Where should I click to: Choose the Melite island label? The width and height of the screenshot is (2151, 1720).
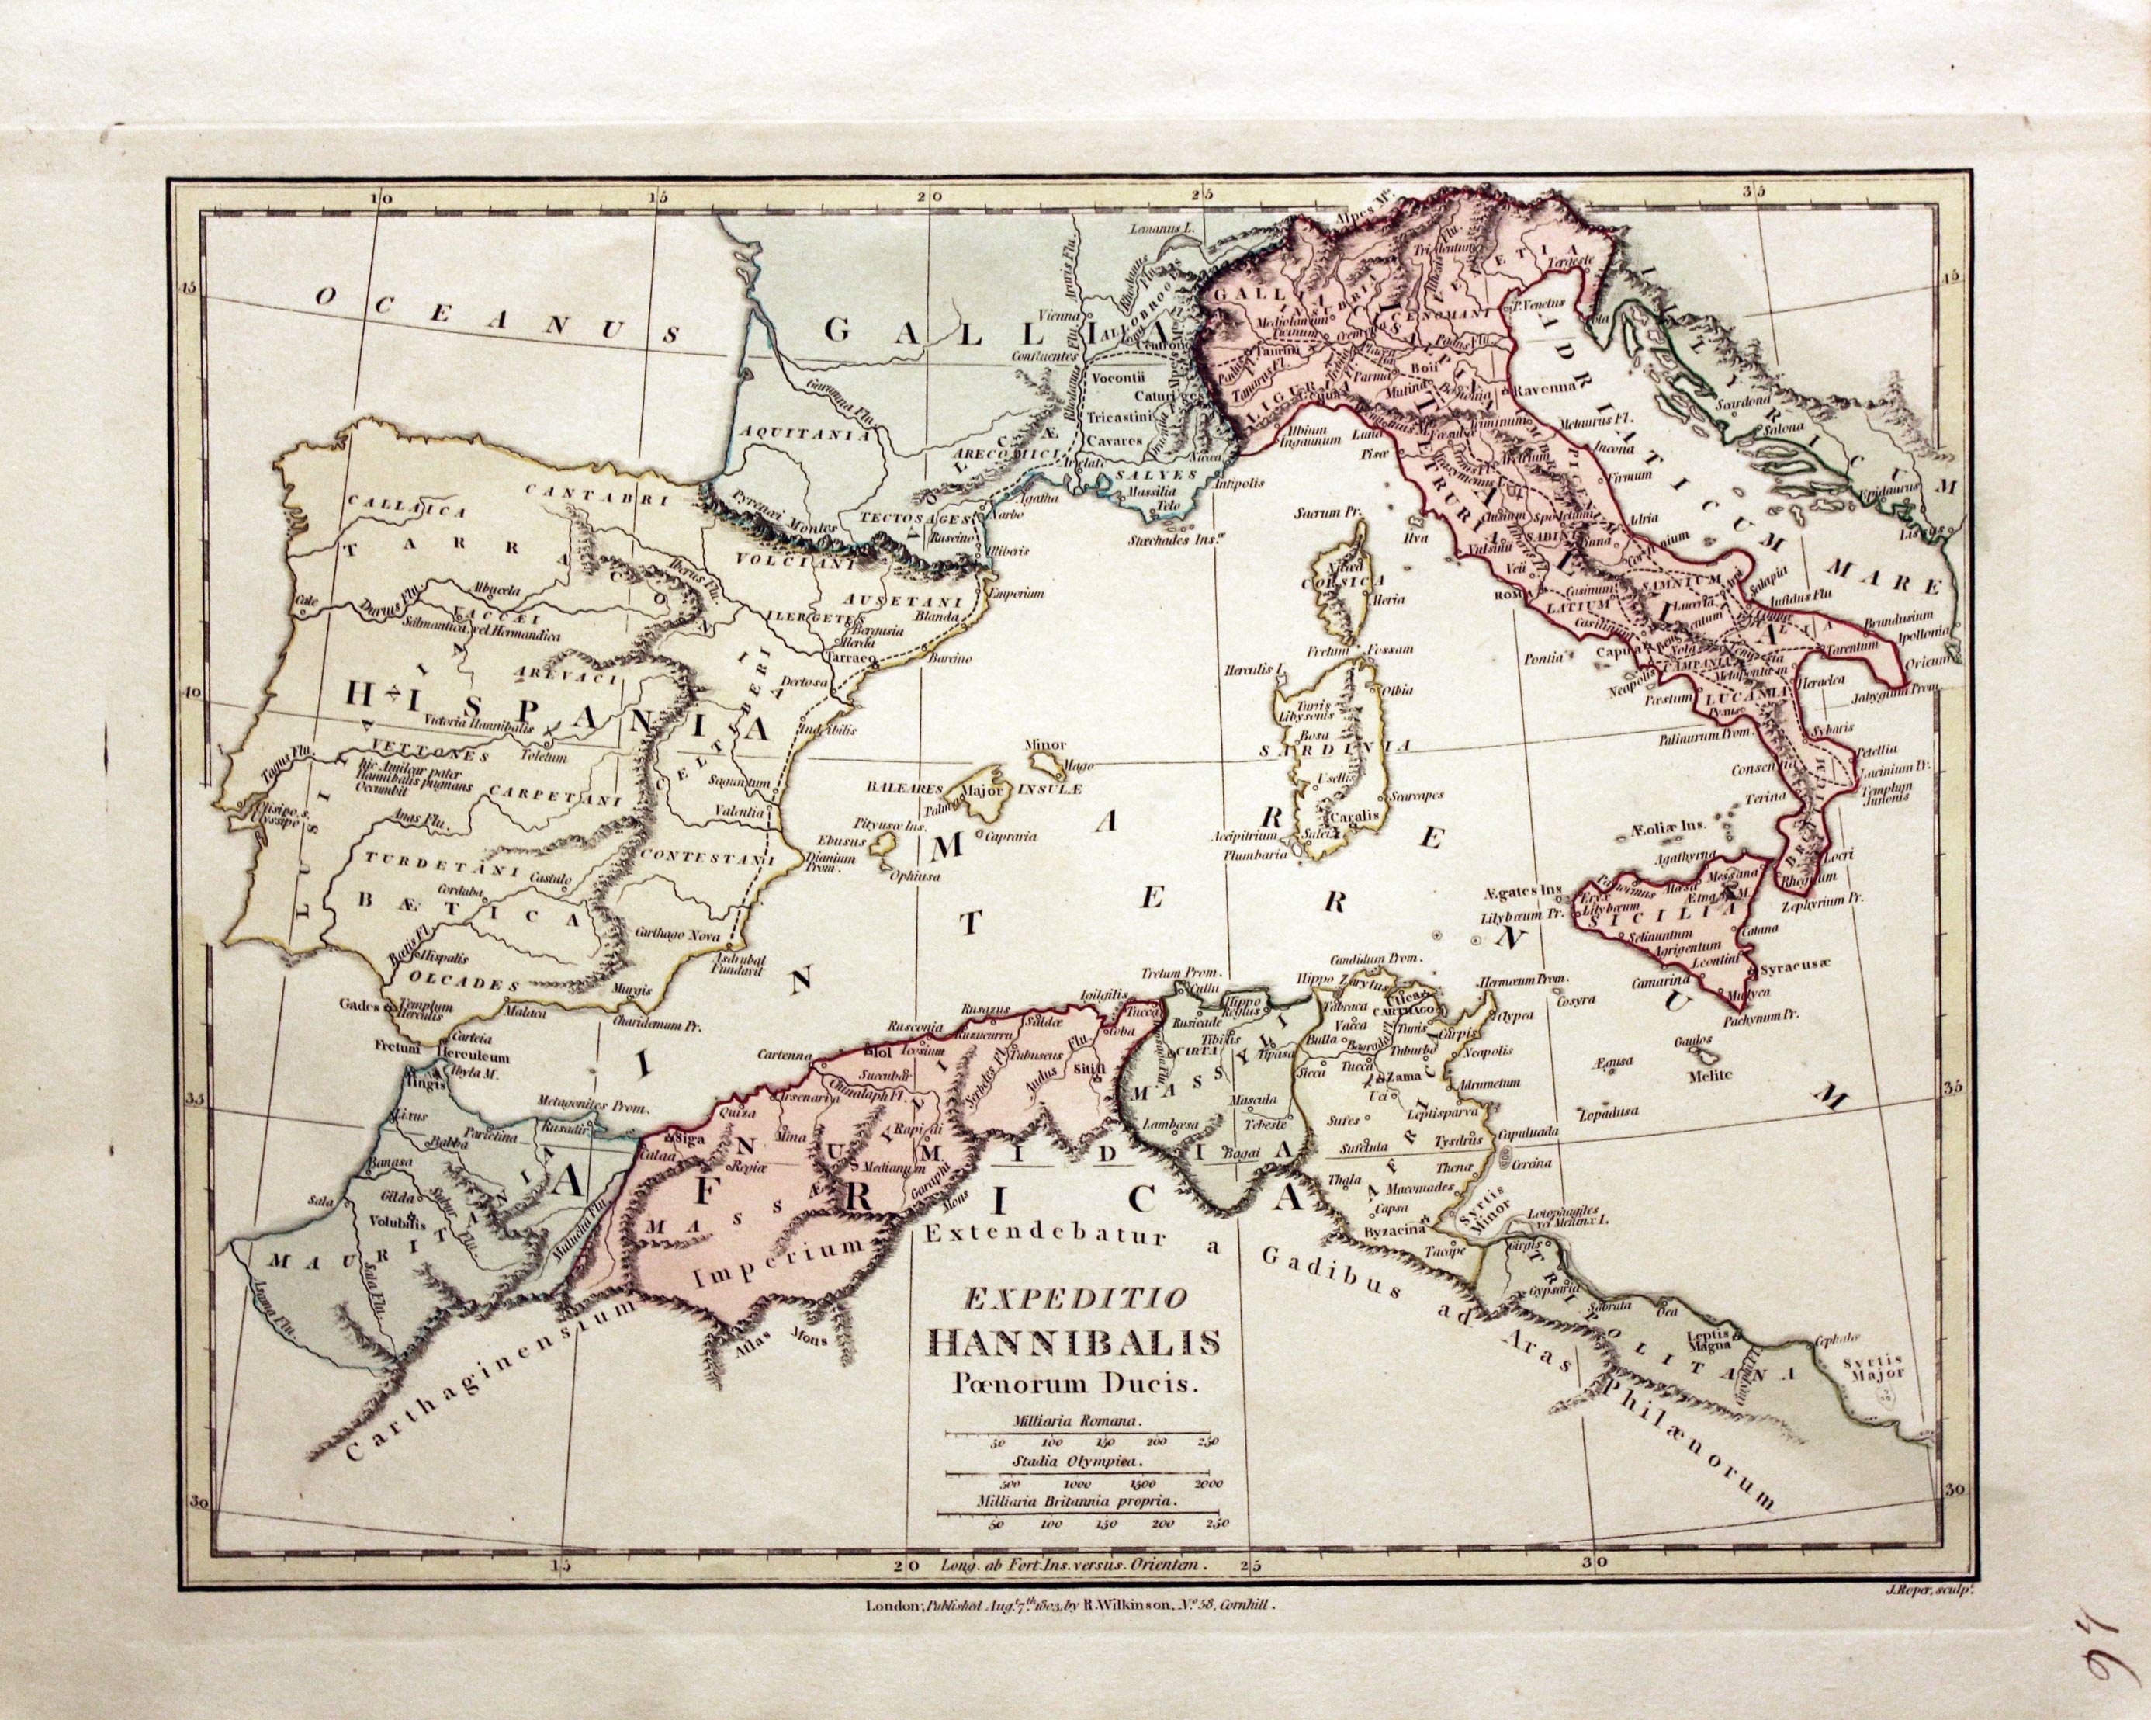tap(1709, 1074)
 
